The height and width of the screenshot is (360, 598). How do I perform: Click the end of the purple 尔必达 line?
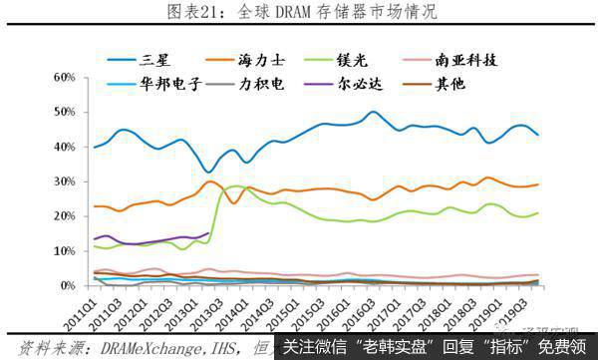(x=208, y=233)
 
